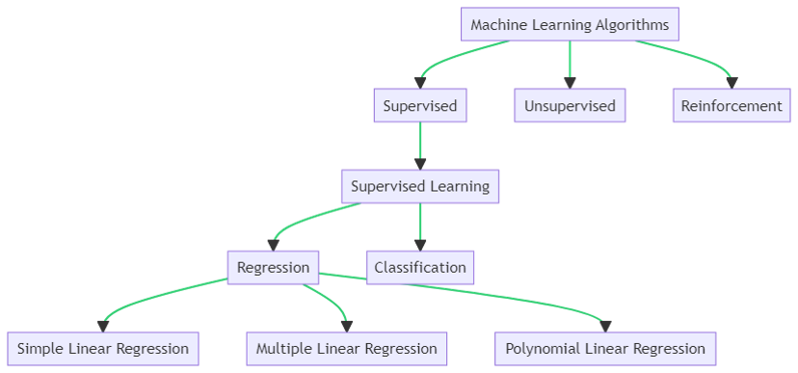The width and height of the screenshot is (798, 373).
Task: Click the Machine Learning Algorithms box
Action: tap(569, 25)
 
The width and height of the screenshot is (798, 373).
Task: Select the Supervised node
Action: tap(419, 106)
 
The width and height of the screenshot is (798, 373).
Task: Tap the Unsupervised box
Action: tap(570, 106)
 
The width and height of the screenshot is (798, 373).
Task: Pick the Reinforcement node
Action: tap(731, 106)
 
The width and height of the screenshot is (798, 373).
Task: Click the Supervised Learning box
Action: tap(420, 186)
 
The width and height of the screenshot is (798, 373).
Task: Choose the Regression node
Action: tap(273, 267)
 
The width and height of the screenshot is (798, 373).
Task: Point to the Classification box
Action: tap(420, 267)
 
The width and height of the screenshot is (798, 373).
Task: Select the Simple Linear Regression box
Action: tap(103, 348)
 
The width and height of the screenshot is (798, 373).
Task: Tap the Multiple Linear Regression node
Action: tap(346, 348)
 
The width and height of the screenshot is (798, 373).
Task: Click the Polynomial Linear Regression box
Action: tap(605, 348)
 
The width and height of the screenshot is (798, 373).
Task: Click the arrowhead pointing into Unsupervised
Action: tap(570, 83)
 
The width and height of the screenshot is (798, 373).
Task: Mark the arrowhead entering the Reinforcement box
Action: tap(731, 83)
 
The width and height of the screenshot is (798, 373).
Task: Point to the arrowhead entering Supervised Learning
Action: tap(420, 164)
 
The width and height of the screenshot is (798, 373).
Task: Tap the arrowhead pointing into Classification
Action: tap(420, 245)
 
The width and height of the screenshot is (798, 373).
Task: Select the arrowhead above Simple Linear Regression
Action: tap(103, 325)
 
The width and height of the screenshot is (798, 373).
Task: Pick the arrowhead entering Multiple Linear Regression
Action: tap(346, 325)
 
